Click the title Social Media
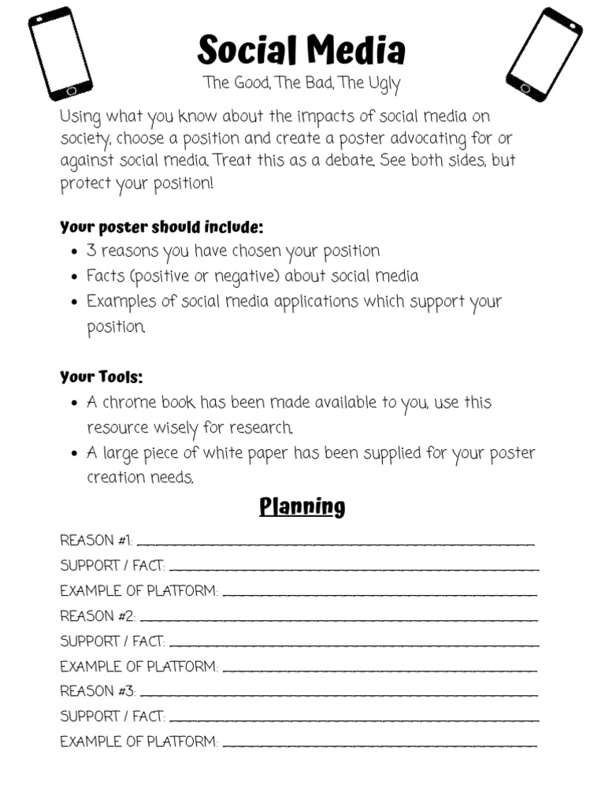click(x=301, y=50)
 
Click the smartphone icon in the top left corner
click(x=60, y=54)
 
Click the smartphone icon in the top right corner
click(x=544, y=54)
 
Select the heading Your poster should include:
click(x=161, y=228)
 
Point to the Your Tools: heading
click(x=102, y=377)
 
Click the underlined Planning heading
click(x=302, y=506)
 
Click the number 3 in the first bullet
click(x=91, y=251)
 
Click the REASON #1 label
click(x=95, y=541)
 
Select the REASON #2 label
click(x=97, y=616)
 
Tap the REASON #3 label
click(x=97, y=691)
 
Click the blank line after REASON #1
click(x=336, y=544)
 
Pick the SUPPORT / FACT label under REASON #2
click(x=112, y=642)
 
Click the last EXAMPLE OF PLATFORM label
click(x=139, y=742)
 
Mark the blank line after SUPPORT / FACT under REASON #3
click(x=354, y=720)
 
